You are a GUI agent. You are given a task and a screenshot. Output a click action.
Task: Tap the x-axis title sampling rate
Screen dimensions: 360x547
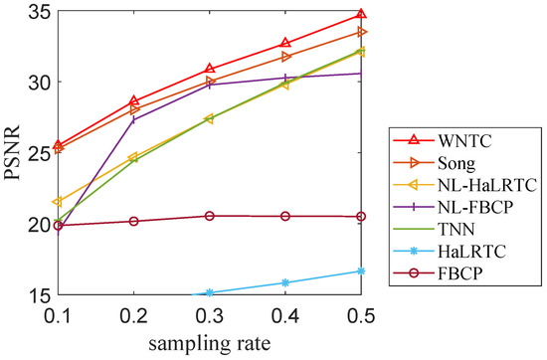pos(209,343)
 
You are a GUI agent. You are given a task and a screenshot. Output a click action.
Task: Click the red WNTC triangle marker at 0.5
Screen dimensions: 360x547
pos(360,14)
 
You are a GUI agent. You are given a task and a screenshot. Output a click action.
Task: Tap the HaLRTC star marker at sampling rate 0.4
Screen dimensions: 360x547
pos(284,282)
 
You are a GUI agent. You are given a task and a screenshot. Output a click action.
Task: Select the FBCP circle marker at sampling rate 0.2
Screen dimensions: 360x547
pos(133,221)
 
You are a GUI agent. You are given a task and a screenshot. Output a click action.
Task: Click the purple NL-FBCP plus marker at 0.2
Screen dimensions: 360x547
pos(133,119)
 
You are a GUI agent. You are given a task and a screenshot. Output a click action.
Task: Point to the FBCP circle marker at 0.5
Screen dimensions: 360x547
pos(360,216)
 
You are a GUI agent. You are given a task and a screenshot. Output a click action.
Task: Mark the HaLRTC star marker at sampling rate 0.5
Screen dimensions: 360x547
pos(360,270)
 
